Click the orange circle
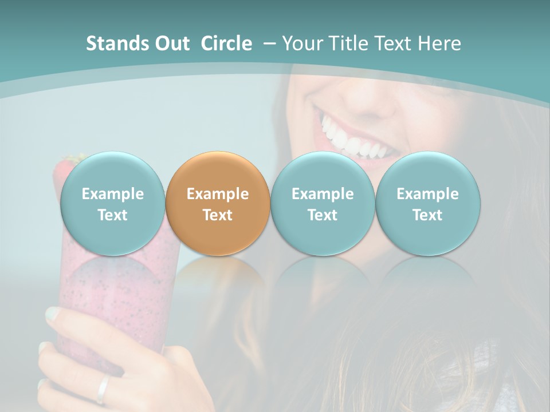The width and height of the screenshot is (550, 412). pyautogui.click(x=218, y=204)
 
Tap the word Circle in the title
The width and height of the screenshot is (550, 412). pyautogui.click(x=226, y=43)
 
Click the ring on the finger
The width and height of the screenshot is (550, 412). pyautogui.click(x=103, y=389)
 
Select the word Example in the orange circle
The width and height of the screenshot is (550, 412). pyautogui.click(x=218, y=194)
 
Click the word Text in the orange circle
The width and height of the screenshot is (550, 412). pyautogui.click(x=218, y=215)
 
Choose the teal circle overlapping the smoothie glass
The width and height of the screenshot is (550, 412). pyautogui.click(x=112, y=204)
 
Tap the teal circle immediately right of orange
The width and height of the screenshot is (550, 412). pyautogui.click(x=323, y=204)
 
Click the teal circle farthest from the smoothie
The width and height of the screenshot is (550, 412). pyautogui.click(x=428, y=204)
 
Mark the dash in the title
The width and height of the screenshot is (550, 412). pyautogui.click(x=268, y=43)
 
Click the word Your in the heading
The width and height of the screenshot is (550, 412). pyautogui.click(x=301, y=43)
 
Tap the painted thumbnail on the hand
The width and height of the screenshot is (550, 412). pyautogui.click(x=52, y=314)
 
